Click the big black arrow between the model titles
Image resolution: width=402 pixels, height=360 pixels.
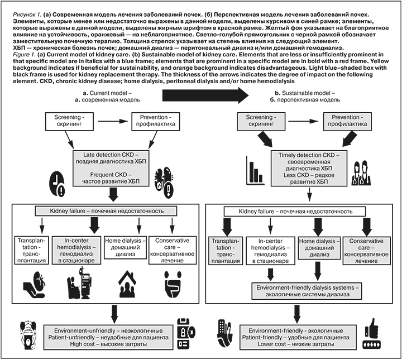point(205,95)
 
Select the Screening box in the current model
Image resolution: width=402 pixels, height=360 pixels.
point(69,121)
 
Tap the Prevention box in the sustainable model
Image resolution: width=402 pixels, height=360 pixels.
point(347,121)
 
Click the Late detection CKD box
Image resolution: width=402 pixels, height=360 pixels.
point(111,168)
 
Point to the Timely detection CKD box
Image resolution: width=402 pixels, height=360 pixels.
point(309,169)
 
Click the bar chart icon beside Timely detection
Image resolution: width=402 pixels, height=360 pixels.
point(255,170)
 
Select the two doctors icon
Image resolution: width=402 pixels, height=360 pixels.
point(362,172)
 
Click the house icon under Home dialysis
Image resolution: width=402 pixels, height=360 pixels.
point(127,284)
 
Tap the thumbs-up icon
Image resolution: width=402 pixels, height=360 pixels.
point(372,333)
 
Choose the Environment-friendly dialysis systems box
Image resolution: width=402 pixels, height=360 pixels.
point(307,291)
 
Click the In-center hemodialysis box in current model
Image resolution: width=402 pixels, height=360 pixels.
point(76,251)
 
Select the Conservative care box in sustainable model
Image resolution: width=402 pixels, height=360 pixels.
point(367,251)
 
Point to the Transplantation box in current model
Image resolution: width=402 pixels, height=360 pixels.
point(31,251)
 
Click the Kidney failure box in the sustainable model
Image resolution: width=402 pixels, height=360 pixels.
point(295,212)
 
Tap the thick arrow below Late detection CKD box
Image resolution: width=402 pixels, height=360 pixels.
point(113,194)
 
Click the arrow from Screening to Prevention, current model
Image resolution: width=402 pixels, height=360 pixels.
point(113,121)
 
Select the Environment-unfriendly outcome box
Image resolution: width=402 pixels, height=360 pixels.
point(108,337)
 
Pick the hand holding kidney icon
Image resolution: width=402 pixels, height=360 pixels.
point(35,285)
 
